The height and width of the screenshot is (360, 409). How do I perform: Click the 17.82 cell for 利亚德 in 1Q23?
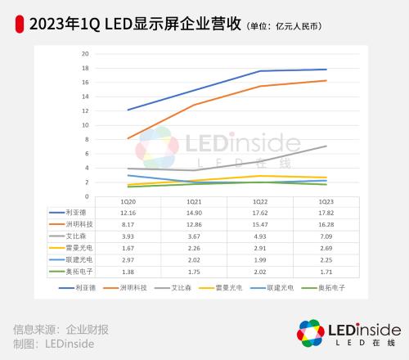pyautogui.click(x=326, y=212)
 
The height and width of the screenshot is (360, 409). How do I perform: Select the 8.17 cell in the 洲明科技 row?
pyautogui.click(x=128, y=223)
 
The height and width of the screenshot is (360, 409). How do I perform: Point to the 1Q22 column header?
pyautogui.click(x=259, y=201)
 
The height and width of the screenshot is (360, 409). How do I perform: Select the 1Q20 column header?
pyautogui.click(x=128, y=201)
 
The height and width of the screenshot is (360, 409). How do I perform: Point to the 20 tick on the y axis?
pyautogui.click(x=85, y=54)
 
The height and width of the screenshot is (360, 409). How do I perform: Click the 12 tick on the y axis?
pyautogui.click(x=85, y=111)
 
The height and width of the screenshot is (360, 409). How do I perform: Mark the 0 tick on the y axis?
pyautogui.click(x=87, y=196)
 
